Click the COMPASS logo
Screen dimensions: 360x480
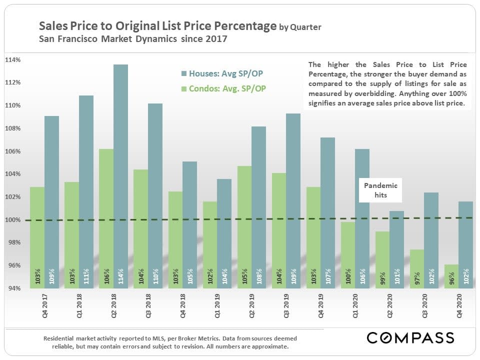pos(410,337)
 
